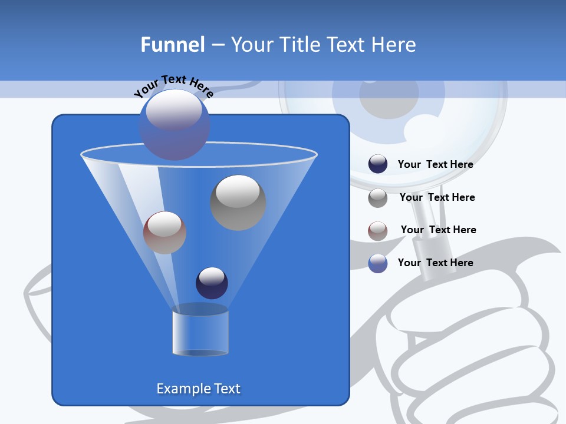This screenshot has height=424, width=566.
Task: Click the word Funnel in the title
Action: [x=173, y=45]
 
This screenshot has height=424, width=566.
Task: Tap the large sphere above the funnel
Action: [x=175, y=124]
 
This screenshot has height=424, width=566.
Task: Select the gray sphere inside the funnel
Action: [x=238, y=202]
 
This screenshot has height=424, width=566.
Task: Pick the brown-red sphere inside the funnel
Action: [x=164, y=233]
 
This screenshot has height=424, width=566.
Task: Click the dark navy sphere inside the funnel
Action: [x=212, y=283]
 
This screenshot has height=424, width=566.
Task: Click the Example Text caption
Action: [x=199, y=389]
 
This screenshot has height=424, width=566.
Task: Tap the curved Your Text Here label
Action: [x=173, y=85]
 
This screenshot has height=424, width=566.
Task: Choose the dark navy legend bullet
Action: [x=378, y=164]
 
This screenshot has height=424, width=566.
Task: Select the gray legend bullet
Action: [x=378, y=198]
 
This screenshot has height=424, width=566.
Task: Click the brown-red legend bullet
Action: [x=378, y=231]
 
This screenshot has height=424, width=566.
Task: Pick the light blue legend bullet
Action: [x=378, y=263]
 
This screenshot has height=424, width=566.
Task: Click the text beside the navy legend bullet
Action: [x=435, y=164]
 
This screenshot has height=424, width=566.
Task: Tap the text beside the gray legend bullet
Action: [x=437, y=197]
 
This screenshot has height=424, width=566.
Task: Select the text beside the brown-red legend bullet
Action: [x=438, y=230]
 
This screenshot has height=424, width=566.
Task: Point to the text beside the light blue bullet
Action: [x=435, y=263]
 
